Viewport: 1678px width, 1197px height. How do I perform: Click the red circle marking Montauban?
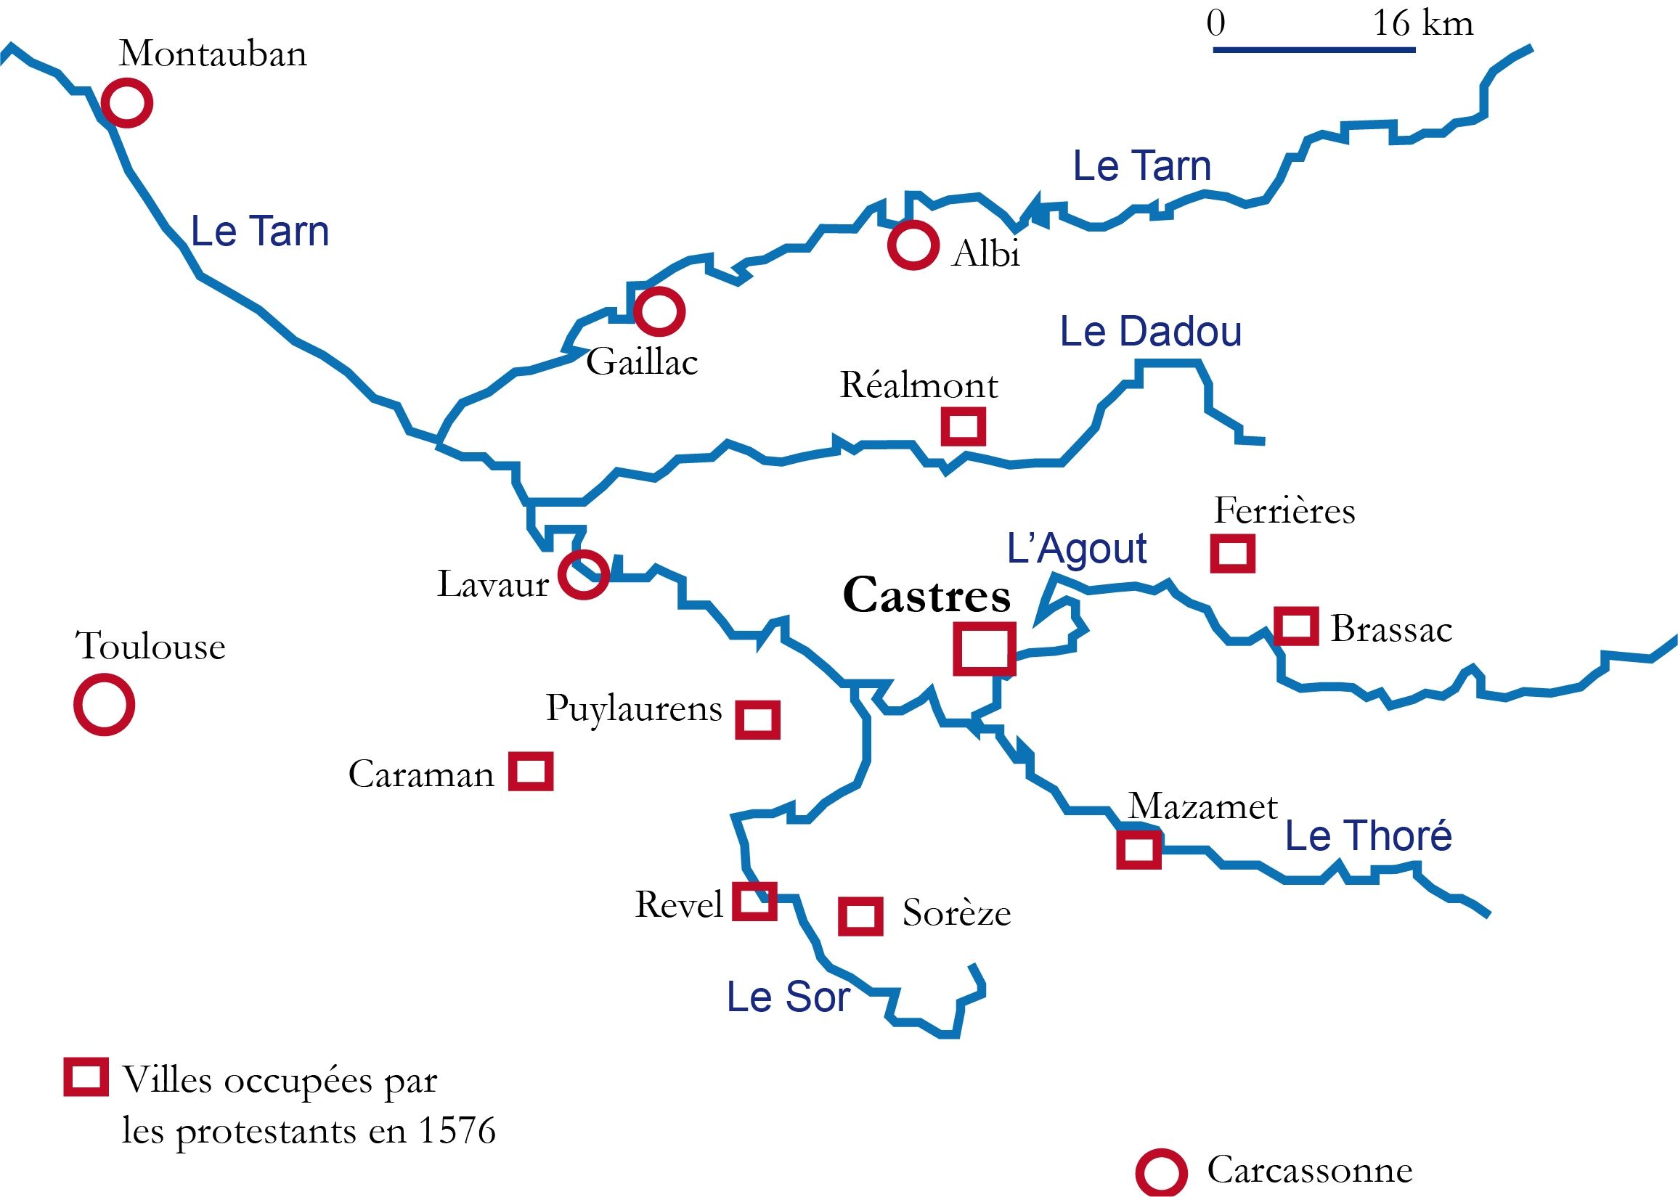(x=127, y=102)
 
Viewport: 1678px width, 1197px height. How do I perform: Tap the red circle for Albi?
(x=913, y=245)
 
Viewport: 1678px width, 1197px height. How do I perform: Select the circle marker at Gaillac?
(x=659, y=311)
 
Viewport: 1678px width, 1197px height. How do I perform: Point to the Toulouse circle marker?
(x=104, y=705)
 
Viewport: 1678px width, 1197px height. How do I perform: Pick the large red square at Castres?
(x=985, y=649)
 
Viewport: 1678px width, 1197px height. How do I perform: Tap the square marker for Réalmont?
(x=964, y=426)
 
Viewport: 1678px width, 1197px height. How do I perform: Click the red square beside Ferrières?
(x=1233, y=553)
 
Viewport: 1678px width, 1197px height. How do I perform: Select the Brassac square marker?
(x=1296, y=626)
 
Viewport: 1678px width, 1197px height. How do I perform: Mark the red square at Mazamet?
(x=1139, y=849)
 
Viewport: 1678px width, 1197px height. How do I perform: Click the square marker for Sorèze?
(x=860, y=916)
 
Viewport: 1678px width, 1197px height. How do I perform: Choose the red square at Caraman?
(x=531, y=772)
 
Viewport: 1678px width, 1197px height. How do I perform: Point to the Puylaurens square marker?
(x=758, y=719)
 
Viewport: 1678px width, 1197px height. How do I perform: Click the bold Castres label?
(x=926, y=595)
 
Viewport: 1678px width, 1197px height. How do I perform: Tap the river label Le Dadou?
(x=1150, y=332)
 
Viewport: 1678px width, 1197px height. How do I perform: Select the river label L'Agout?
(x=1076, y=549)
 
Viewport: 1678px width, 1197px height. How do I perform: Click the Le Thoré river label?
(x=1369, y=836)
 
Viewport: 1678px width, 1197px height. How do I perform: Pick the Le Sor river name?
(x=788, y=997)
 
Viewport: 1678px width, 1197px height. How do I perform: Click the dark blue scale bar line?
(x=1314, y=49)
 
